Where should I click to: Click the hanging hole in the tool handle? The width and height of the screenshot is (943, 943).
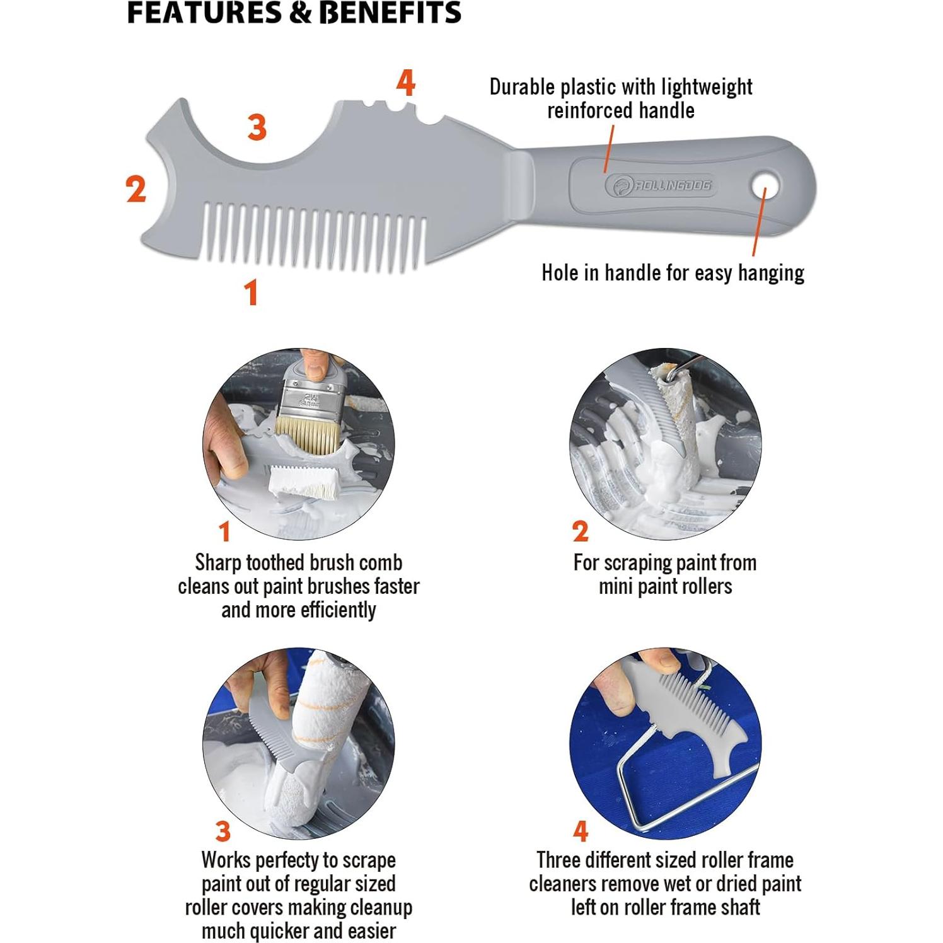pos(765,187)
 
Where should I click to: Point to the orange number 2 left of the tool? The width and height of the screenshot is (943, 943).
pos(136,188)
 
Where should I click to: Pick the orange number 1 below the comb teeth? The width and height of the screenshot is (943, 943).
pos(252,292)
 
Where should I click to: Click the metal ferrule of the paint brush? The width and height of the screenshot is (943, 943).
pos(311,395)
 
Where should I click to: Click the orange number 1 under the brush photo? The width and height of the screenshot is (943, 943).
pos(224,531)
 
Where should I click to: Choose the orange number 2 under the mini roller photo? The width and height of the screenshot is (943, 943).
pos(581,531)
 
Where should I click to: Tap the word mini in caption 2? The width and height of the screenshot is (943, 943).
pos(613,587)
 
